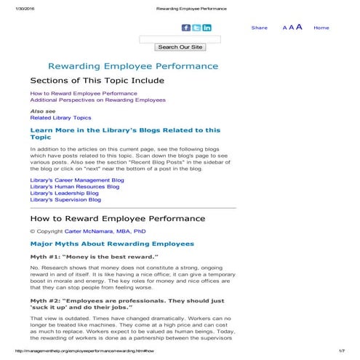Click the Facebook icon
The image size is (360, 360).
click(x=185, y=28)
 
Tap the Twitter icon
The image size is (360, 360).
click(x=196, y=28)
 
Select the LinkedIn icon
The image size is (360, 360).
click(x=207, y=28)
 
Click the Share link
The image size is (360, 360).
click(x=259, y=28)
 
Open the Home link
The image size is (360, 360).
click(x=321, y=28)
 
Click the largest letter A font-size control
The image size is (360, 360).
click(x=299, y=27)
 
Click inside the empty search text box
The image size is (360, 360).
click(x=180, y=39)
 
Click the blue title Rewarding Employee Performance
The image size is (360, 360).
click(x=132, y=66)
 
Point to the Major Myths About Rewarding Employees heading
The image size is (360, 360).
click(x=112, y=244)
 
